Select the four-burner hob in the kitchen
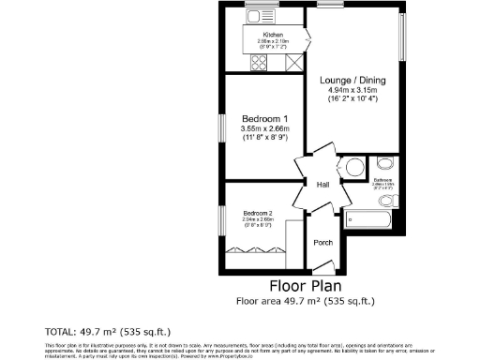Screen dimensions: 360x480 (x=260, y=63)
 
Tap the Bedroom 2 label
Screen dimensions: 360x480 (x=258, y=213)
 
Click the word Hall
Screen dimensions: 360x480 (x=322, y=184)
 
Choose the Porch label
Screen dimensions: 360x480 (x=322, y=241)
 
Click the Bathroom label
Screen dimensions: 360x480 (x=382, y=180)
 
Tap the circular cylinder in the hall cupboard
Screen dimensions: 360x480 (x=354, y=170)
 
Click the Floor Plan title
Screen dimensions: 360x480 (x=304, y=285)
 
